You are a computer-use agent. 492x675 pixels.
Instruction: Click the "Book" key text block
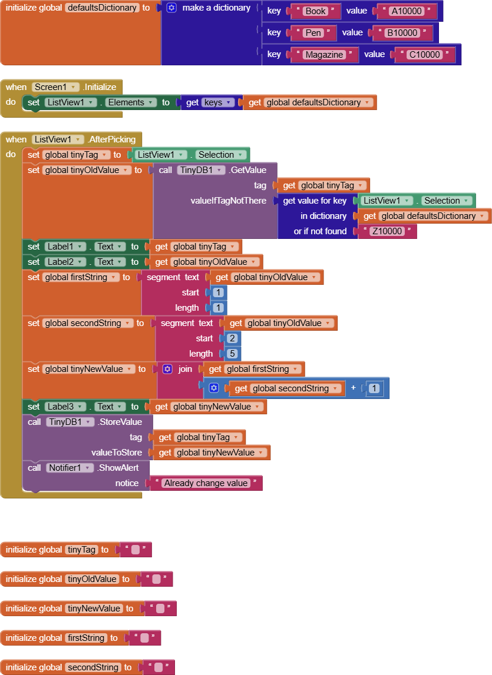[315, 11]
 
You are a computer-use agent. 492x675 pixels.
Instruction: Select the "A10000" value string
[406, 11]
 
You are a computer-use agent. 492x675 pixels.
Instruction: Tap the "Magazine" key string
[323, 55]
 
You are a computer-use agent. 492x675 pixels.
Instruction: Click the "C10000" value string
[424, 55]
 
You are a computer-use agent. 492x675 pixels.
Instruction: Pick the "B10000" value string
[402, 33]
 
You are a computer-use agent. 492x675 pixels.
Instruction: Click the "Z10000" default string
[387, 231]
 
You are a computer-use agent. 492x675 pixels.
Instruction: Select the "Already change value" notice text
[206, 483]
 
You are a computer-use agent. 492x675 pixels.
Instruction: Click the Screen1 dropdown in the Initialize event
[55, 87]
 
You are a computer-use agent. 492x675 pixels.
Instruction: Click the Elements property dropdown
[130, 102]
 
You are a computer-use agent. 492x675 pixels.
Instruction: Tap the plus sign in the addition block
[353, 388]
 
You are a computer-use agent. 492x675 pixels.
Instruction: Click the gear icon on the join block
[167, 369]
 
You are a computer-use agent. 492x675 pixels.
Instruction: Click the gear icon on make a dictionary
[171, 8]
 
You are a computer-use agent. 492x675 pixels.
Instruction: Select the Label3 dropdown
[66, 407]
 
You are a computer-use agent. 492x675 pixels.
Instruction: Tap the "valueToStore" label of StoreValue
[117, 453]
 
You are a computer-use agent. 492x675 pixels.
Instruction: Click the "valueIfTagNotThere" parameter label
[229, 201]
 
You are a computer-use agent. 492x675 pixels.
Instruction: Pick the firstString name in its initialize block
[86, 638]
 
